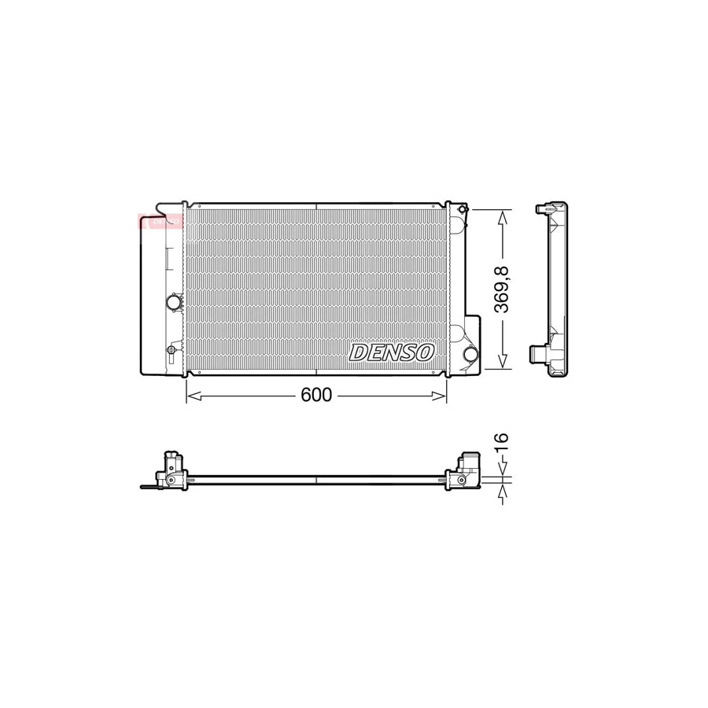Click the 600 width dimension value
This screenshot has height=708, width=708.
pos(316,395)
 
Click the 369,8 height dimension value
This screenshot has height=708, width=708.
pos(502,289)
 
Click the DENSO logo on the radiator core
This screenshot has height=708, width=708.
pos(392,352)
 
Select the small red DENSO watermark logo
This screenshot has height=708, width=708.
pos(161,221)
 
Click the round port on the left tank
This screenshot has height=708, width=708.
pos(173,302)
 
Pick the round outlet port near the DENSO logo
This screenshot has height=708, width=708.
pos(470,354)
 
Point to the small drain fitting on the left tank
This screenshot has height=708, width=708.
pos(171,348)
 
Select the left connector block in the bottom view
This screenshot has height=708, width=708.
pos(172,470)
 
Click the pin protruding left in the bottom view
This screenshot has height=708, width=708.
pos(148,486)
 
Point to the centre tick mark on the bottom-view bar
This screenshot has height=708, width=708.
pos(315,479)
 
